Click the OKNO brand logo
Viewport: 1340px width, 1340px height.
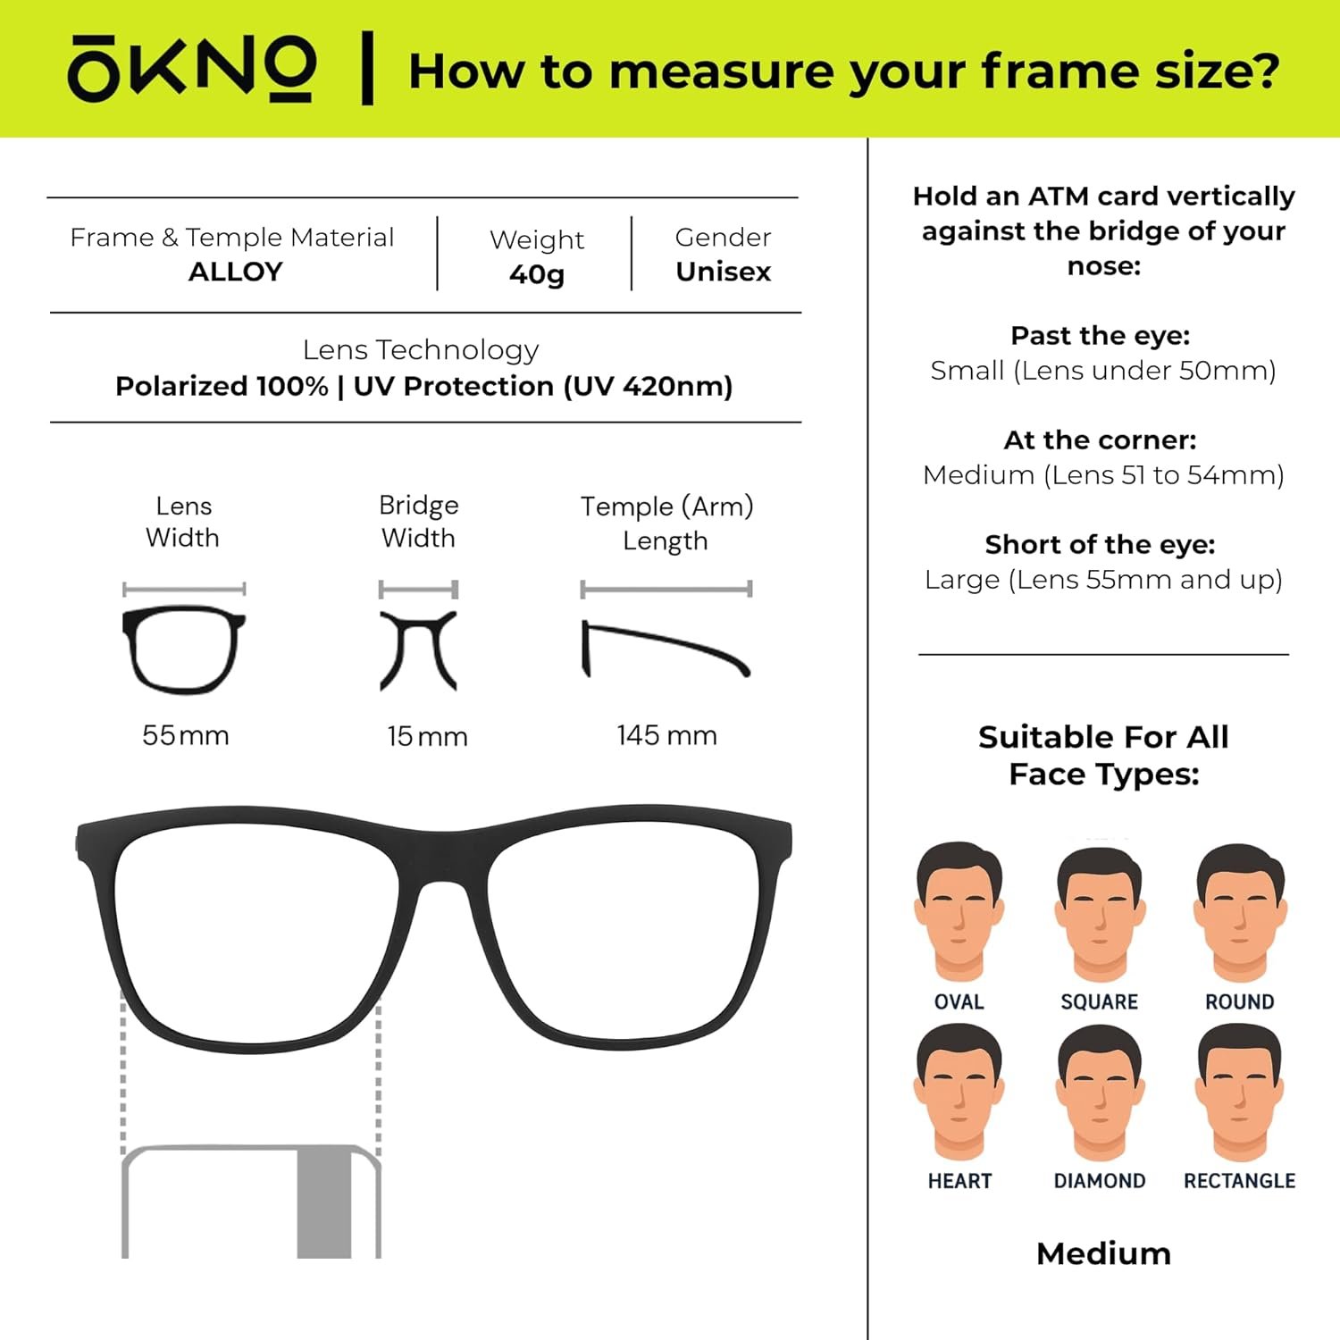192,68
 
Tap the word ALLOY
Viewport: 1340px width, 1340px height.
236,272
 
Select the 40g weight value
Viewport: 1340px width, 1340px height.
537,274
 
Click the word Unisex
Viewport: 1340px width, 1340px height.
724,272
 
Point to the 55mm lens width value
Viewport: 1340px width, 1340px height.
186,735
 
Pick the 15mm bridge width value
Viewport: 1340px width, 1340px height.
427,736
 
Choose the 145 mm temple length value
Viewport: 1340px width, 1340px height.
666,735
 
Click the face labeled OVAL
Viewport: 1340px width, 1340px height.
959,911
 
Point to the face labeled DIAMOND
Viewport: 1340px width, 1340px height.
1100,1093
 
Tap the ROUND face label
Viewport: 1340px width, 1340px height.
1240,1002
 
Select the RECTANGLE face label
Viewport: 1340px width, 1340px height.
1240,1181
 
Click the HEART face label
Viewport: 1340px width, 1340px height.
959,1181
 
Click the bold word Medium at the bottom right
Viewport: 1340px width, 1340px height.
1104,1254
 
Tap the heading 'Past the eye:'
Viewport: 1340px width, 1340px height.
1101,336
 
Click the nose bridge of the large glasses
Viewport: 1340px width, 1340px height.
443,858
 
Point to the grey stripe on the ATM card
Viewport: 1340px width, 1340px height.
324,1202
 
